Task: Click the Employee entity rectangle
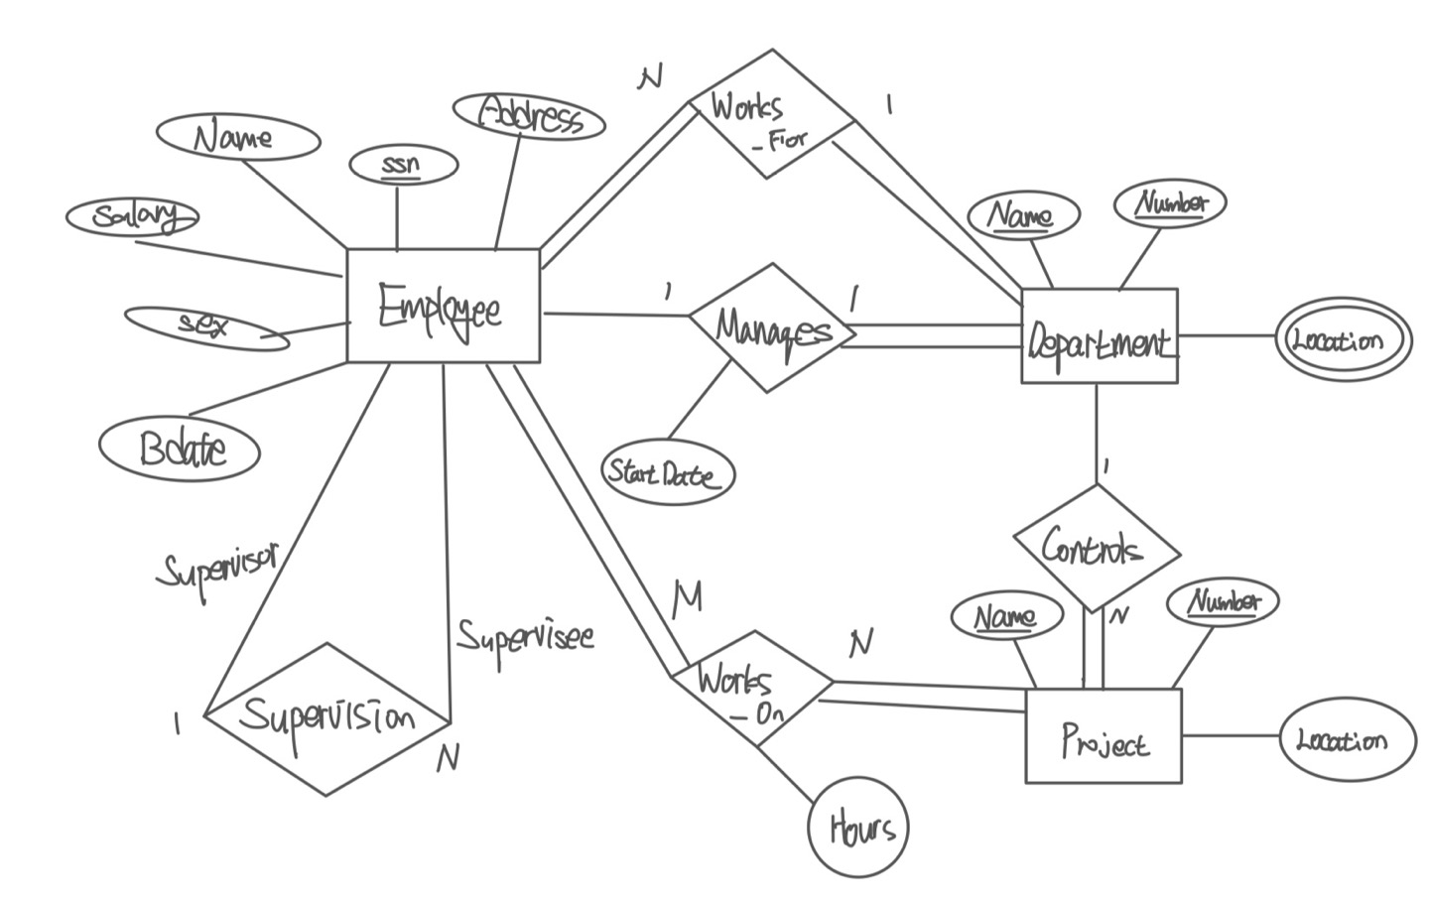pos(443,306)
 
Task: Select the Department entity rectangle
pos(1099,336)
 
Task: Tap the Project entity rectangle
pos(1103,736)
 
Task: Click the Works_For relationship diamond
pos(771,115)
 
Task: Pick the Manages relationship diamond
pos(771,328)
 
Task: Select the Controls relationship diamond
pos(1096,548)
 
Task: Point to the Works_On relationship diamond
pos(752,688)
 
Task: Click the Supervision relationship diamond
pos(326,717)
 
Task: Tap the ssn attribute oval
pos(403,165)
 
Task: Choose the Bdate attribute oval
pos(180,449)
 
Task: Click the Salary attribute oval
pos(132,215)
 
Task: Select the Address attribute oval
pos(528,117)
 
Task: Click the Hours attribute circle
pos(856,827)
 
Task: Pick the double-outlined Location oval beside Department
pos(1343,340)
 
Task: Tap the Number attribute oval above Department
pos(1171,202)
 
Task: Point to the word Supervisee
pos(525,635)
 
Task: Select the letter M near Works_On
pos(687,597)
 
